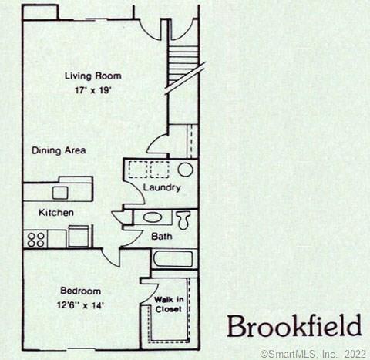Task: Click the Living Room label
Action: coord(93,76)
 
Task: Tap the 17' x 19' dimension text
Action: coord(93,90)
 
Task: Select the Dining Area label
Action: coord(59,150)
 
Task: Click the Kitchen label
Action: coord(56,213)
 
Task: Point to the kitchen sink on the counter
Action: coord(60,193)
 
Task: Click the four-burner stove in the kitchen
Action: coord(35,239)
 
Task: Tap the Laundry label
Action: coord(162,187)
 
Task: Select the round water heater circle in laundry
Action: coord(186,170)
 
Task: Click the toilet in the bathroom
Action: coord(183,220)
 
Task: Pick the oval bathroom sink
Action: coord(153,218)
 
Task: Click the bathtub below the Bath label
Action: coord(173,259)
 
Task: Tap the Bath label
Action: coord(162,236)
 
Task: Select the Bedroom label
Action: coord(80,291)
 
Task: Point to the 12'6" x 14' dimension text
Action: coord(80,305)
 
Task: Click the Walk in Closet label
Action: coord(169,304)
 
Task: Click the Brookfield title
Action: coord(294,326)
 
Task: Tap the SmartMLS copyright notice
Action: coord(313,354)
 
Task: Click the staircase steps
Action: coord(183,64)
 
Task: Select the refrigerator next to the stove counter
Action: coord(79,237)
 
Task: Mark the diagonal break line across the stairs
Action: coord(186,79)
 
